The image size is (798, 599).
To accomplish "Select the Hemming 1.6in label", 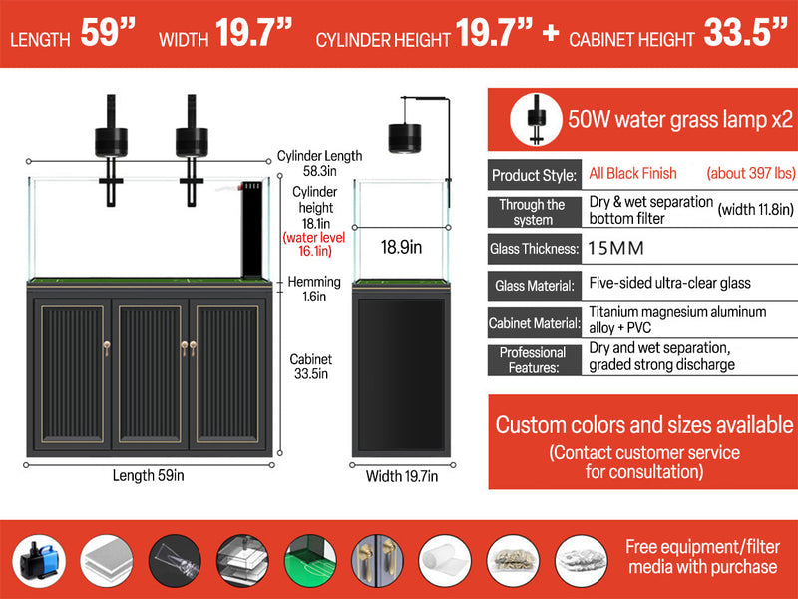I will pyautogui.click(x=316, y=290).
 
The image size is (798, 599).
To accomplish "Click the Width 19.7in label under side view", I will pyautogui.click(x=401, y=476).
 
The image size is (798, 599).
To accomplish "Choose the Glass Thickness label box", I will pyautogui.click(x=534, y=248).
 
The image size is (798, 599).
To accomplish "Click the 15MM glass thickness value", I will pyautogui.click(x=616, y=248).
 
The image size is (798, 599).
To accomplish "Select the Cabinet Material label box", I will pyautogui.click(x=534, y=322).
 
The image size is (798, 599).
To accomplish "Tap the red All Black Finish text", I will pyautogui.click(x=632, y=174).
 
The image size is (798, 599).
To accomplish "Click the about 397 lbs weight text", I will pyautogui.click(x=747, y=174).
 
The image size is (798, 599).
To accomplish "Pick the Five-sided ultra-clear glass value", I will pyautogui.click(x=669, y=285).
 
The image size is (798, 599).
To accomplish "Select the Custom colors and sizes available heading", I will pyautogui.click(x=644, y=424).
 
